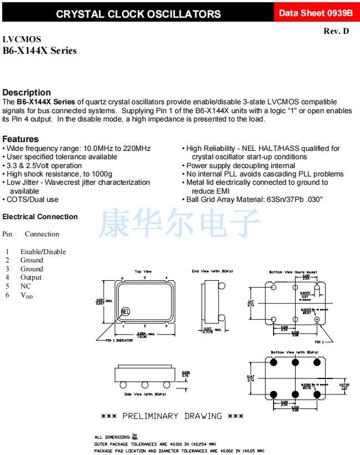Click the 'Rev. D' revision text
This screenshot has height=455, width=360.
(x=336, y=31)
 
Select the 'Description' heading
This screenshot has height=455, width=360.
(x=27, y=93)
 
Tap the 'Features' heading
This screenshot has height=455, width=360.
(x=21, y=139)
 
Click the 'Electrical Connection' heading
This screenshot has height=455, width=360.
(x=40, y=217)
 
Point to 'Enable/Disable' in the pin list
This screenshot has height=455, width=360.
(x=43, y=252)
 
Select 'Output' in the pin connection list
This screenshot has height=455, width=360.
(x=31, y=277)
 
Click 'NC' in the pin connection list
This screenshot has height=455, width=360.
(x=26, y=286)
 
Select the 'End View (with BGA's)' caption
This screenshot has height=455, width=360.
(x=212, y=271)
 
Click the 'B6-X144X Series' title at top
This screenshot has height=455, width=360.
(x=39, y=51)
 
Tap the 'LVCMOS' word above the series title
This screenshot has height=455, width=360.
(x=22, y=39)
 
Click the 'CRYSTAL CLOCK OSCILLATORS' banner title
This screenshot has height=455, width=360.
(x=138, y=14)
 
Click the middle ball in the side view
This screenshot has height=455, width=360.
(x=144, y=384)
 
